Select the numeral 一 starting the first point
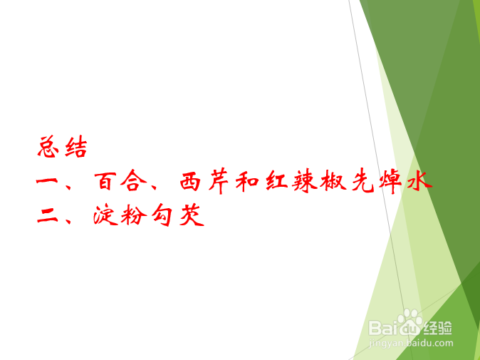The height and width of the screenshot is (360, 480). (x=49, y=182)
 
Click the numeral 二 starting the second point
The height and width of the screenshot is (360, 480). (x=49, y=216)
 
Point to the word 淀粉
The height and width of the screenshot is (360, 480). (x=120, y=216)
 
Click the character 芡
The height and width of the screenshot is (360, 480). (x=191, y=216)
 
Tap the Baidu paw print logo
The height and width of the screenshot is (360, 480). (x=411, y=322)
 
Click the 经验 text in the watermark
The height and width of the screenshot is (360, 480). (x=439, y=328)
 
